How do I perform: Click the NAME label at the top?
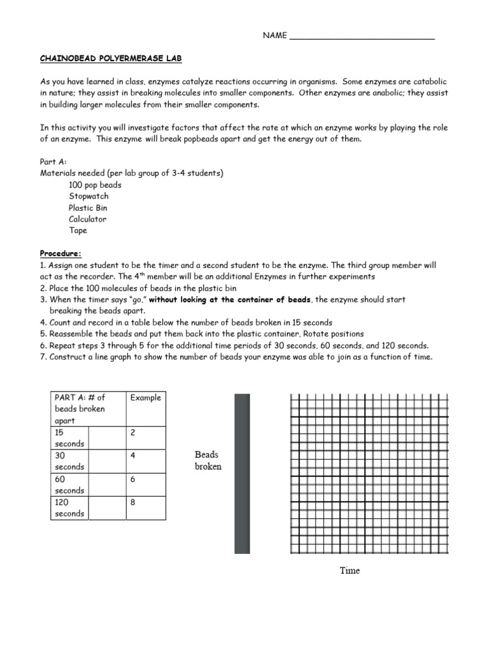[275, 36]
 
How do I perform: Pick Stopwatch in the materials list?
[89, 196]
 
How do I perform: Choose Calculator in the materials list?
[88, 219]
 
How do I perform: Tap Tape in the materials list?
[78, 230]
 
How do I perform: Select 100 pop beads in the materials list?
[95, 185]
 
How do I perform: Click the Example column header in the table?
[146, 397]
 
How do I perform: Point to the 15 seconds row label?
[69, 437]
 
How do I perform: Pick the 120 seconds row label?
[69, 507]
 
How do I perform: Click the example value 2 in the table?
[133, 432]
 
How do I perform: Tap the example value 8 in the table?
[133, 502]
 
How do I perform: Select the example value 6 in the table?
[133, 479]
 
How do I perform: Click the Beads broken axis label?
[208, 460]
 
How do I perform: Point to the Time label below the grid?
[350, 570]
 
